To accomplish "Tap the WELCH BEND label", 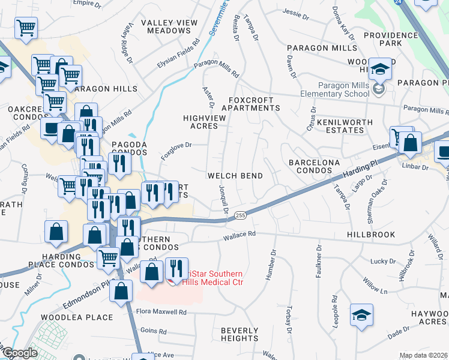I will pyautogui.click(x=235, y=176).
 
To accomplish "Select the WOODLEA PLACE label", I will pyautogui.click(x=77, y=317).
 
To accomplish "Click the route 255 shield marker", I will pyautogui.click(x=240, y=215).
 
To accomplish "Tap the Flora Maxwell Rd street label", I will pyautogui.click(x=161, y=312).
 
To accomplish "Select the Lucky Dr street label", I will pyautogui.click(x=380, y=261).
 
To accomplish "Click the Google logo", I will pyautogui.click(x=20, y=353).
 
